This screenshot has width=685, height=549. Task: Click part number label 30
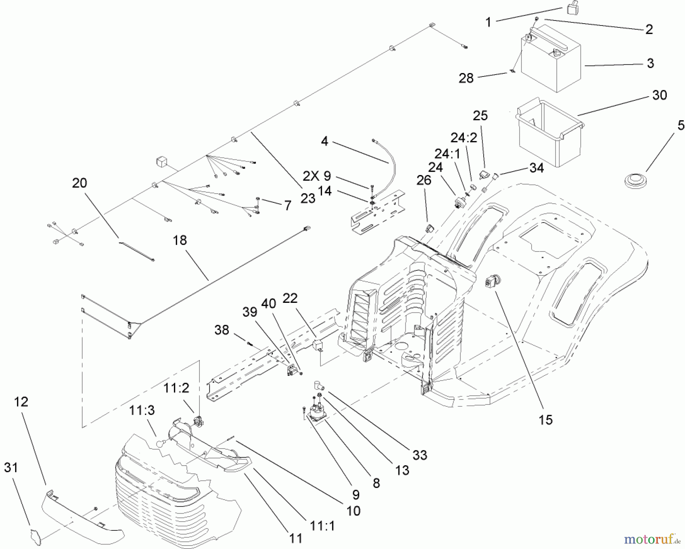pos(660,95)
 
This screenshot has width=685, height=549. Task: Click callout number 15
pos(545,420)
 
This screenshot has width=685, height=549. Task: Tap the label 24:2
pos(464,137)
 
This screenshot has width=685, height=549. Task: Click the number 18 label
pos(180,240)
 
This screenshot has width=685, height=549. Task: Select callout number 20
pos(80,183)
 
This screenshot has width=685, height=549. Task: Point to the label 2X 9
pos(317,176)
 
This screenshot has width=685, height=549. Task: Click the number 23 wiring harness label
pos(308,198)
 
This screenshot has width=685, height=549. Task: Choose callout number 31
pos(11,467)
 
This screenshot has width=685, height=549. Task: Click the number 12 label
pos(21,402)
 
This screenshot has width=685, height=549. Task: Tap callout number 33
pos(419,455)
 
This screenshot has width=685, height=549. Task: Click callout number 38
pos(222,330)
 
